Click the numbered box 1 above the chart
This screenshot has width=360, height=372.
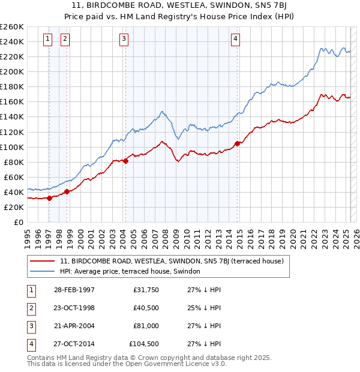point(47,40)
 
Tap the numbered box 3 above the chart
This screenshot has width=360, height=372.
point(124,40)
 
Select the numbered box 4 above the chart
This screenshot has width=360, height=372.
point(236,40)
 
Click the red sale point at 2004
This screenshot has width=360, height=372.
point(125,161)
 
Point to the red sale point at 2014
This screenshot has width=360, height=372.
point(238,143)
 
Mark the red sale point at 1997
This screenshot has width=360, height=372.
point(49,198)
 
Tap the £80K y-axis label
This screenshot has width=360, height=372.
point(14,162)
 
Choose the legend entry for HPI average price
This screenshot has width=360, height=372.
point(133,271)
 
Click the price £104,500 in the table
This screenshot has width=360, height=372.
point(144,344)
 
